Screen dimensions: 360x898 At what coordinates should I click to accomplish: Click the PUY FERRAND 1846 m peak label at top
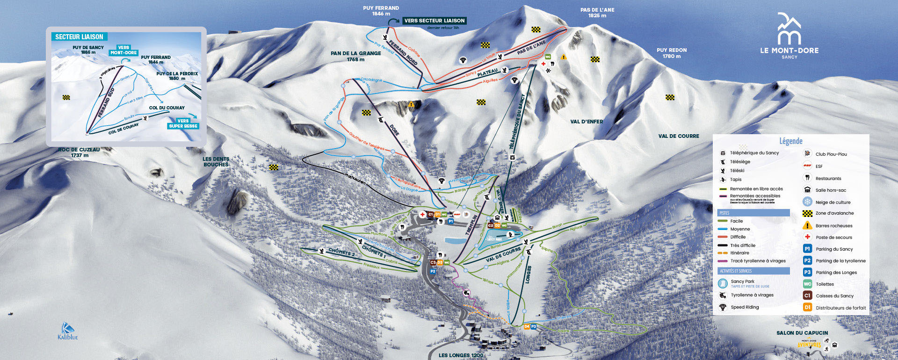[381, 11]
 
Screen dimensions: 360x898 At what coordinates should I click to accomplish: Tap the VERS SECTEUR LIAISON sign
[434, 21]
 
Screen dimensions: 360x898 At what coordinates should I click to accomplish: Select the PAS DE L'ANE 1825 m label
[597, 13]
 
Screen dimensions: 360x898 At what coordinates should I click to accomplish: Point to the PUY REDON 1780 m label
[672, 53]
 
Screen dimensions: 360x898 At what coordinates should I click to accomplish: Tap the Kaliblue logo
[68, 331]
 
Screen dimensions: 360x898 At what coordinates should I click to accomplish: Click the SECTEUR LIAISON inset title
[79, 37]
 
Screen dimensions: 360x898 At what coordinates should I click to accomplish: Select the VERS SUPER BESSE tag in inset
[183, 123]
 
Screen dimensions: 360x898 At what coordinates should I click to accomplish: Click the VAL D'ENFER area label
[587, 122]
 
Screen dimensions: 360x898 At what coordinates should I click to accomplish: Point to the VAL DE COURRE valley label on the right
[679, 136]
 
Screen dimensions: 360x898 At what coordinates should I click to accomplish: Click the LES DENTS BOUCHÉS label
[216, 162]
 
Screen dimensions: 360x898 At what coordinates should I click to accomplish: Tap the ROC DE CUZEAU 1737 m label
[79, 152]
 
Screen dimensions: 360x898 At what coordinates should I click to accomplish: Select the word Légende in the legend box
[790, 141]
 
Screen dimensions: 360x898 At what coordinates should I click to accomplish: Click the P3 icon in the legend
[807, 272]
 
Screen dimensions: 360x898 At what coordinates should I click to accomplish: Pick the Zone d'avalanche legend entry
[834, 213]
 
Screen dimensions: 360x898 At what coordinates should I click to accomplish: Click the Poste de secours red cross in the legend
[807, 237]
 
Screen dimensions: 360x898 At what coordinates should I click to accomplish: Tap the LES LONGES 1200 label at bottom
[461, 355]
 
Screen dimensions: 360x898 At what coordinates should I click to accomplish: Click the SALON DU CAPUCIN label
[802, 333]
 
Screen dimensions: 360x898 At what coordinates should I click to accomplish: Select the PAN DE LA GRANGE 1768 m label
[355, 56]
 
